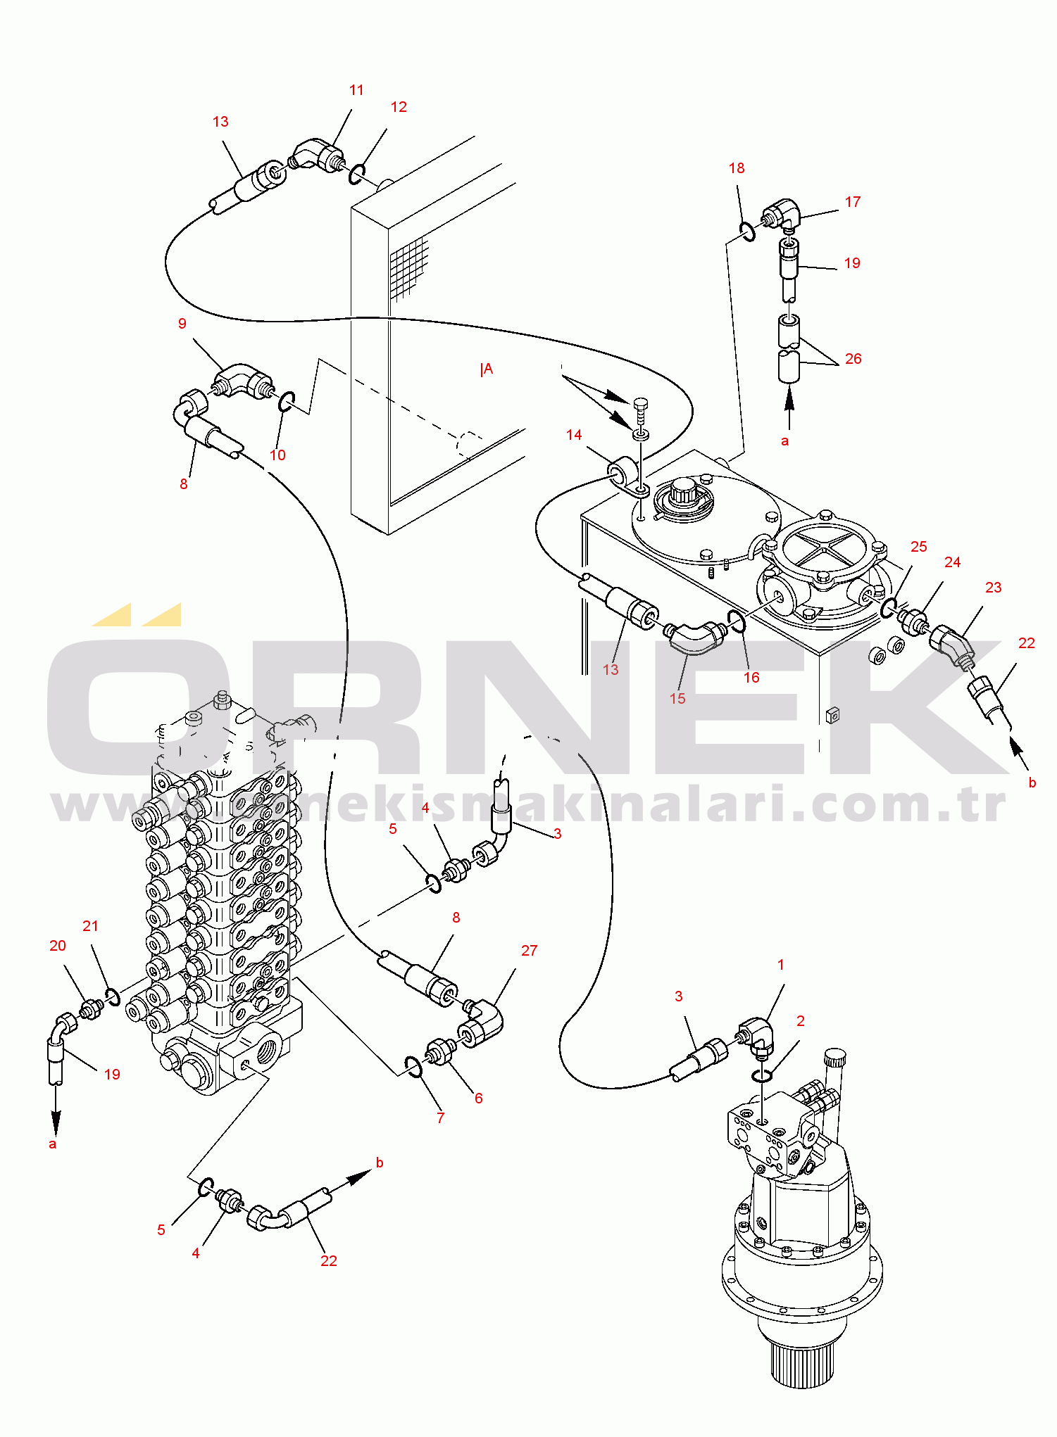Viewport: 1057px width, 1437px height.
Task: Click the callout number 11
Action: (x=356, y=90)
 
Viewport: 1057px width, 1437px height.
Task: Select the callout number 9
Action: (x=182, y=324)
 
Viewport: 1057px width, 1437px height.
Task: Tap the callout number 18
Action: (x=737, y=168)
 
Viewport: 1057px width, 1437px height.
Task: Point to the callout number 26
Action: (x=853, y=359)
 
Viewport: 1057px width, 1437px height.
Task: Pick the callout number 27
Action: (x=529, y=951)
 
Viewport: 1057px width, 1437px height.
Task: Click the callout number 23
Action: (x=993, y=588)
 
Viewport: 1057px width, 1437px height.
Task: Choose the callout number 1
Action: (x=780, y=965)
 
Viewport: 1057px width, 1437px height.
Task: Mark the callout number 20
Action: (x=58, y=946)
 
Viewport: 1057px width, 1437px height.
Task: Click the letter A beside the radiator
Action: (x=487, y=369)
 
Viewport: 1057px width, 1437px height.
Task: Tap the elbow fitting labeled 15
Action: (x=694, y=635)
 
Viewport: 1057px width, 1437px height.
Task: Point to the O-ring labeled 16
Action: (x=737, y=621)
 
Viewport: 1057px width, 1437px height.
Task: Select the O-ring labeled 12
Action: (x=357, y=174)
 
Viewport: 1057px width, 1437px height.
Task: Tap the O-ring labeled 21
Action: (x=111, y=996)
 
